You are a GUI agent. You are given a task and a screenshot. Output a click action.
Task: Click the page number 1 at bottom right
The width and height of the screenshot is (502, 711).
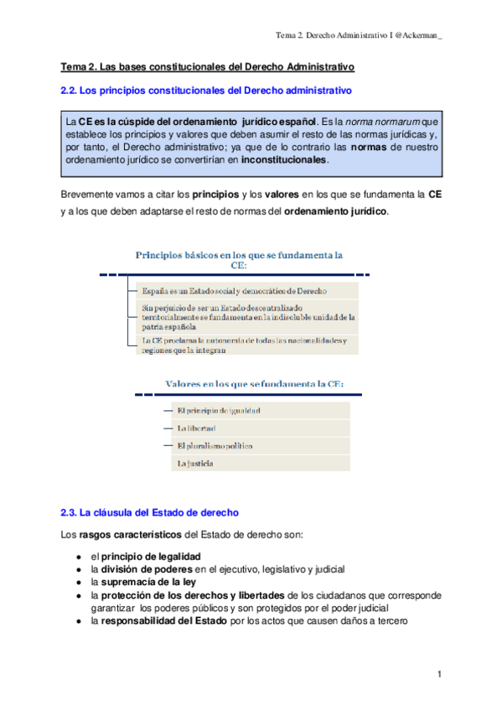coord(439,674)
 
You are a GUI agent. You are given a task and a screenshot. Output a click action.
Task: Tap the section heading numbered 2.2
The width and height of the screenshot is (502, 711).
coord(205,90)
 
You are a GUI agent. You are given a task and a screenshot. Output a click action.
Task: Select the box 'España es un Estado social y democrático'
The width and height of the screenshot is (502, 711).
coord(243,290)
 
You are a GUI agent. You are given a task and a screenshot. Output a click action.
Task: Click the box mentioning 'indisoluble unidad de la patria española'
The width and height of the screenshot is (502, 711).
coord(243,317)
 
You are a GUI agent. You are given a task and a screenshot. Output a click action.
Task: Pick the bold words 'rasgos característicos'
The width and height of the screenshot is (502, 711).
coord(130,534)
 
